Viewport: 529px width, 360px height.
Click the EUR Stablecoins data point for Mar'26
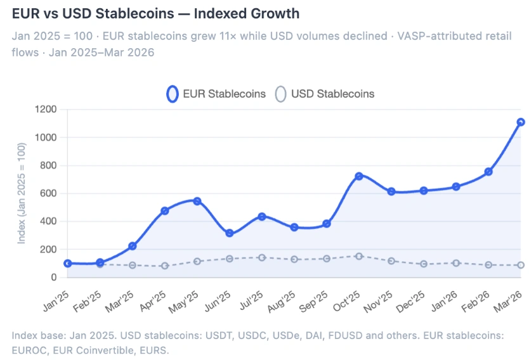tap(520, 122)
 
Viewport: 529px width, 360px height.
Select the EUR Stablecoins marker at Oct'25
tap(359, 176)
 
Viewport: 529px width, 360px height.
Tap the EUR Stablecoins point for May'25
tap(197, 201)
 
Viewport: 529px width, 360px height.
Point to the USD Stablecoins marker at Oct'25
tap(359, 256)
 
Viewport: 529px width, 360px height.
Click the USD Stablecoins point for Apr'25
tap(165, 266)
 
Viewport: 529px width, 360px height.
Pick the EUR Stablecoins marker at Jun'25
tap(230, 233)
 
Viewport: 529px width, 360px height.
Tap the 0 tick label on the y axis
tap(53, 277)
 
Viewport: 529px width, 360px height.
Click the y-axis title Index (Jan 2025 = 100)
tap(22, 193)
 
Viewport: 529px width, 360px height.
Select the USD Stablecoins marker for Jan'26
tap(455, 262)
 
